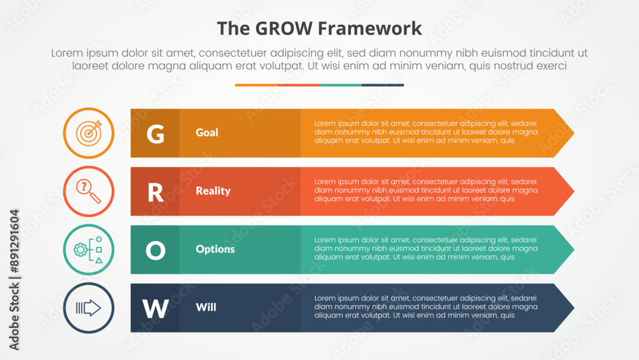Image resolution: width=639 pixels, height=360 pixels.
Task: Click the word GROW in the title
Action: click(284, 29)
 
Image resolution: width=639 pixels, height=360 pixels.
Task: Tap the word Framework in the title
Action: click(369, 29)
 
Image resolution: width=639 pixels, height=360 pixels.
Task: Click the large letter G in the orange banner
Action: click(155, 134)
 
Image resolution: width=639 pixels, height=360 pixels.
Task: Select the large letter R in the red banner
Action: click(155, 192)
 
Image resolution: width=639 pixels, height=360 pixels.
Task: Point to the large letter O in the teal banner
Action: click(155, 250)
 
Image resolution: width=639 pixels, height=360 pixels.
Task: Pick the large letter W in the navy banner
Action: click(155, 309)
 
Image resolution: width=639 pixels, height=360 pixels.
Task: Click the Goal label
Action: click(207, 132)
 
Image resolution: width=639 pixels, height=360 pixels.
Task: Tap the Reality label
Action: click(213, 191)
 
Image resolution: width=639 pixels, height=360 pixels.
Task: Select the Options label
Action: click(215, 249)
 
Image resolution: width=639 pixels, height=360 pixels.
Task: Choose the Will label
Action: click(206, 307)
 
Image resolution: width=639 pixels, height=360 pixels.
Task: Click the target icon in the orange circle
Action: click(89, 133)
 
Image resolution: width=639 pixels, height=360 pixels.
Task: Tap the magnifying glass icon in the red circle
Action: click(88, 191)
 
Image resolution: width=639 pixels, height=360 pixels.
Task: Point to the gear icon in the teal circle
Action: click(81, 249)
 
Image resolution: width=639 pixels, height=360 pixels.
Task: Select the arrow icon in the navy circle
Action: click(88, 308)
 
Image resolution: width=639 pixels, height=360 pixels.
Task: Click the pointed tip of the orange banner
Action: click(574, 133)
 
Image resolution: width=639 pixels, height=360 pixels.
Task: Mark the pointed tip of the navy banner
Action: click(574, 308)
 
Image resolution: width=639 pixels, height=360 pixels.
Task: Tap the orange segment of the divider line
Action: click(256, 85)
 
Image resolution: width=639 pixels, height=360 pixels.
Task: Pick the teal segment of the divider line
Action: click(341, 85)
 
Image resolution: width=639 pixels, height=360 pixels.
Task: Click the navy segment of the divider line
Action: click(383, 85)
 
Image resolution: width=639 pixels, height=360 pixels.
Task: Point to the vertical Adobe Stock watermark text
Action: click(14, 279)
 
